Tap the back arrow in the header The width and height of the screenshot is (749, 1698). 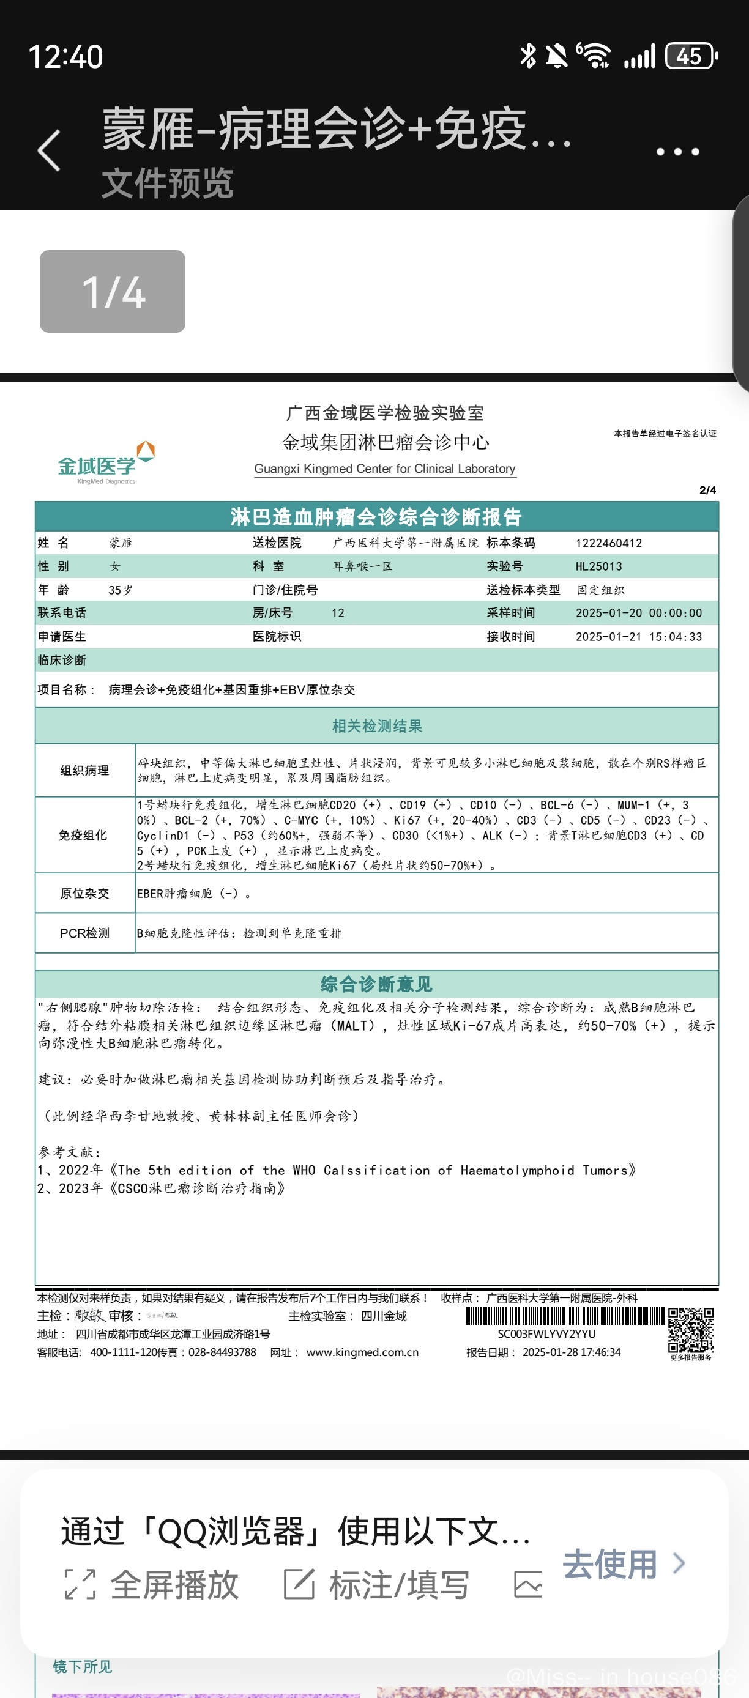[49, 150]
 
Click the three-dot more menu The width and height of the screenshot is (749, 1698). [677, 152]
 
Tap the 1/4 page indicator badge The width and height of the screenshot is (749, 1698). [112, 291]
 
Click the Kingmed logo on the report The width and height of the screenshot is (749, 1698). [105, 464]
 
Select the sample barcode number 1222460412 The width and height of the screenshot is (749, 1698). [608, 543]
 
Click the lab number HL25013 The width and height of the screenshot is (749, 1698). [598, 566]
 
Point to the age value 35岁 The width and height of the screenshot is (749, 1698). [120, 590]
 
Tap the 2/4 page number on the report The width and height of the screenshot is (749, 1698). [707, 491]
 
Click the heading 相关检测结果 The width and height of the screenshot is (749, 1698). [376, 725]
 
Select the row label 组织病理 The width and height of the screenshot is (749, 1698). [84, 771]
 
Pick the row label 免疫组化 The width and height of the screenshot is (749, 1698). [83, 835]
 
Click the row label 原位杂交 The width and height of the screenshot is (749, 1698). [84, 893]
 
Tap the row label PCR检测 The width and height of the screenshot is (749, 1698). [84, 933]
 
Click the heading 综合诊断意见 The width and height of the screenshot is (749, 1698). [376, 984]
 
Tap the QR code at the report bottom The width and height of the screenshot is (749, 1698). [690, 1330]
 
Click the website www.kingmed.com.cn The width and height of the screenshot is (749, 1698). [362, 1352]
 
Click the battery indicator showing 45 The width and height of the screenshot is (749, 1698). [690, 56]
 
